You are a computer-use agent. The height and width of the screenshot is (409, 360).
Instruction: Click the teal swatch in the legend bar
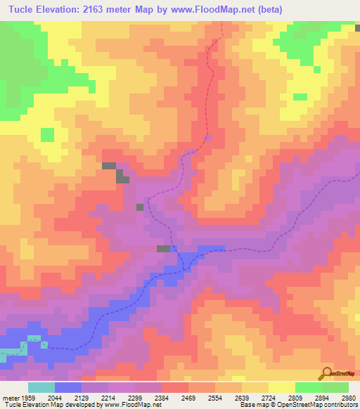click(x=41, y=387)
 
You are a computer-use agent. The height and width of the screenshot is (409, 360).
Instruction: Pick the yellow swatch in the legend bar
click(x=281, y=387)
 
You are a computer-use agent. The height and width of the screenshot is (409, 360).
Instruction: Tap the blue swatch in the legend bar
click(x=67, y=387)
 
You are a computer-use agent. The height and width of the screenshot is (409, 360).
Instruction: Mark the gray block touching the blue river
click(x=163, y=249)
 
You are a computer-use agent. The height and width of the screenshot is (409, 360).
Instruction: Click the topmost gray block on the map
click(x=109, y=166)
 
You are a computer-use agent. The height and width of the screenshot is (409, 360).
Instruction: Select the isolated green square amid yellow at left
click(x=47, y=134)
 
